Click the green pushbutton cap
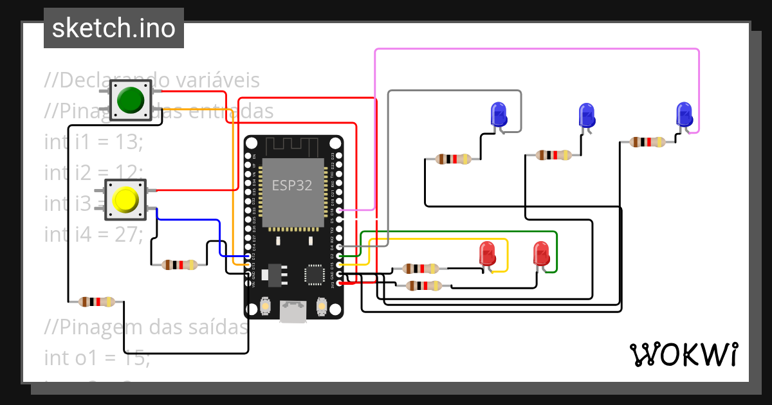pyautogui.click(x=131, y=100)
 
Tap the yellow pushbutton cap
pyautogui.click(x=125, y=199)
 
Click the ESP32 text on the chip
pyautogui.click(x=291, y=186)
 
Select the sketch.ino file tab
pyautogui.click(x=114, y=28)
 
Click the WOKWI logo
pyautogui.click(x=683, y=355)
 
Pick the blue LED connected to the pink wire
pyautogui.click(x=684, y=115)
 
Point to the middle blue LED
pyautogui.click(x=586, y=116)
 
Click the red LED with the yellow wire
pyautogui.click(x=488, y=254)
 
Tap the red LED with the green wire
pyautogui.click(x=541, y=254)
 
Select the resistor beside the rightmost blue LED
pyautogui.click(x=647, y=142)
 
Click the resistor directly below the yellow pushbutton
pyautogui.click(x=179, y=264)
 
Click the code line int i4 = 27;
pyautogui.click(x=93, y=234)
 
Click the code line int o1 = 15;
pyautogui.click(x=96, y=357)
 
